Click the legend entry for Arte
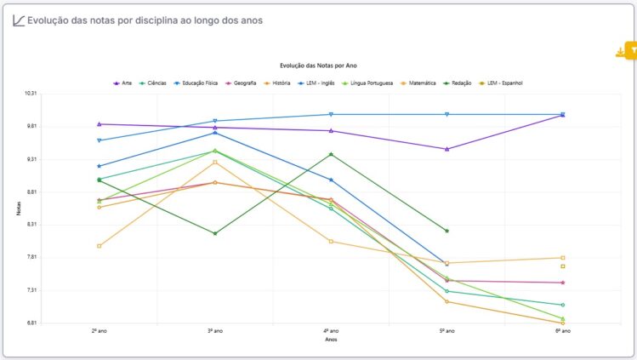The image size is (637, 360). (123, 83)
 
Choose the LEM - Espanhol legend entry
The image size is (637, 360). (501, 83)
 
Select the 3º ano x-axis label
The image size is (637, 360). (215, 331)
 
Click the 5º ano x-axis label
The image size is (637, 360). (446, 331)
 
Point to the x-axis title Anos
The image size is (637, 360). (331, 340)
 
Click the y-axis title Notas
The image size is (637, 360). (18, 209)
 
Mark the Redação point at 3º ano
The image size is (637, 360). (215, 233)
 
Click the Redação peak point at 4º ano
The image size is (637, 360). (331, 154)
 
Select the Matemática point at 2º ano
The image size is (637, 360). (100, 246)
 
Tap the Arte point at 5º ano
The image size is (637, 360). (446, 149)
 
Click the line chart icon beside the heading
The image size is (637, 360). (18, 20)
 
